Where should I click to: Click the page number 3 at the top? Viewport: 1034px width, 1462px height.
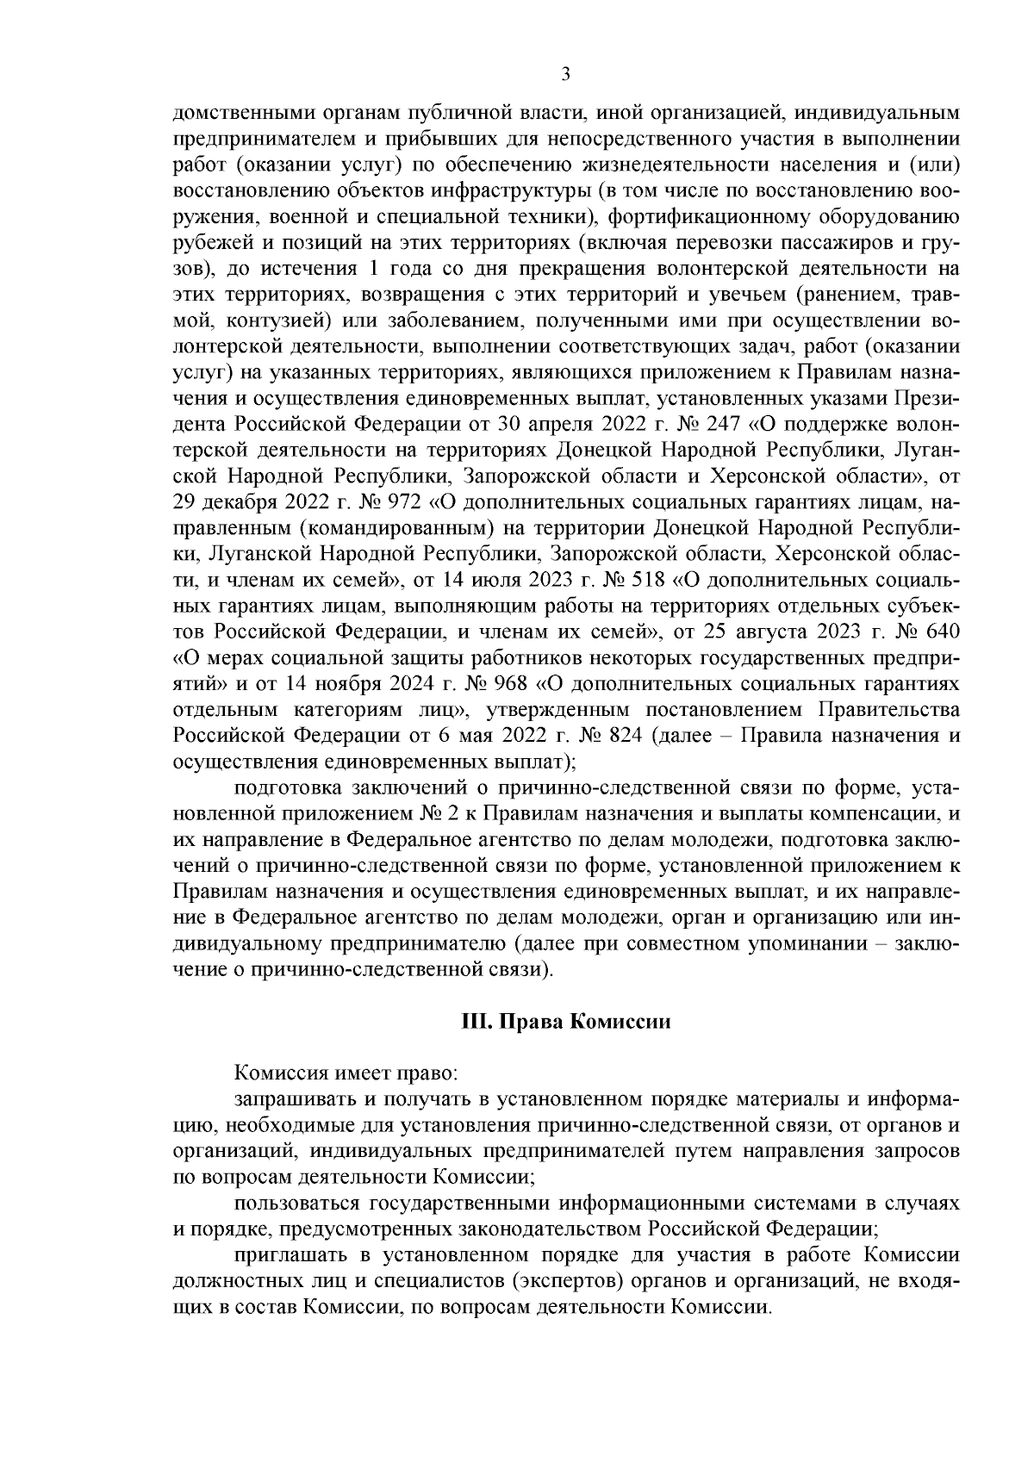566,74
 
